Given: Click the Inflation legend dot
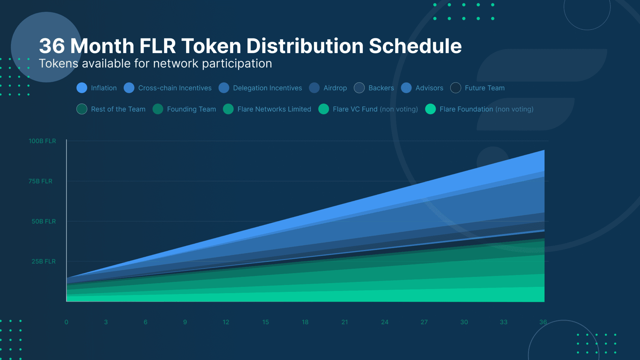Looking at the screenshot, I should (82, 88).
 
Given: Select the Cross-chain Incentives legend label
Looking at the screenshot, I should (175, 88).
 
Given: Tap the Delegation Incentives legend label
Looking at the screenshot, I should (267, 88).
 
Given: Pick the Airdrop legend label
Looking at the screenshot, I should (335, 88).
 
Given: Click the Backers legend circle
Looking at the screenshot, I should (359, 88).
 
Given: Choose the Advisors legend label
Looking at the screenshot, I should (429, 88).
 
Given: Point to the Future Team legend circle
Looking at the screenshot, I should (456, 88).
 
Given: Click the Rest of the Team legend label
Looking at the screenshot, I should (118, 109).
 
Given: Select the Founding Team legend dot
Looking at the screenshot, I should (158, 109).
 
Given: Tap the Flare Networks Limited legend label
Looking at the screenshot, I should (274, 109).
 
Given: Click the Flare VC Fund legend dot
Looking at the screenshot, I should (323, 109).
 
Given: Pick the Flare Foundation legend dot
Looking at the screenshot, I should (430, 109).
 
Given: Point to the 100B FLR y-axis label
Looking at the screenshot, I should (42, 141).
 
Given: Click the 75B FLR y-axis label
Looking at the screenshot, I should (40, 181).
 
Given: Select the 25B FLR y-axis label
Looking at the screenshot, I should (43, 261).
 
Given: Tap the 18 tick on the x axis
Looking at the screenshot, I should (305, 322).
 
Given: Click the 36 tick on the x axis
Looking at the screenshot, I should (543, 322).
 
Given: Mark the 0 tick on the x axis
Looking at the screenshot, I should (66, 322).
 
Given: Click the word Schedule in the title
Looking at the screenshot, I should (415, 46).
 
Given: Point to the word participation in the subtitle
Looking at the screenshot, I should (237, 64).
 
